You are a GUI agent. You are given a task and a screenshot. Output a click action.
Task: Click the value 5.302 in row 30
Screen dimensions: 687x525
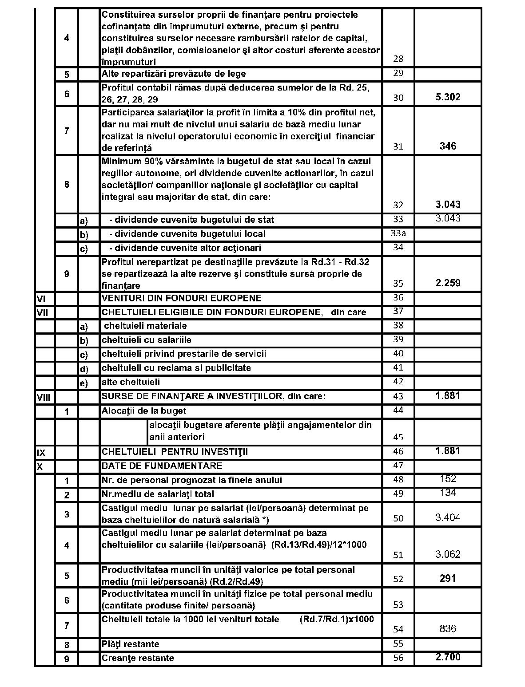pyautogui.click(x=448, y=97)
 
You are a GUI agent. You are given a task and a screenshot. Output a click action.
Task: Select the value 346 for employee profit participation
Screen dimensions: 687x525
pyautogui.click(x=448, y=146)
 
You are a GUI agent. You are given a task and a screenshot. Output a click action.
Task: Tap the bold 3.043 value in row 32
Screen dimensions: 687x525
pyautogui.click(x=448, y=205)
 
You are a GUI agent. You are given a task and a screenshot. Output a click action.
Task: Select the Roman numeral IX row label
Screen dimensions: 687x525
pyautogui.click(x=40, y=453)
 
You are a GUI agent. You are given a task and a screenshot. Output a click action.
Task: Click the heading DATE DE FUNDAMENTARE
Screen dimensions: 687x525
pyautogui.click(x=162, y=466)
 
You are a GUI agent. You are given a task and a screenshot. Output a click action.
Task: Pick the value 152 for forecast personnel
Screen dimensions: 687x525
pyautogui.click(x=448, y=479)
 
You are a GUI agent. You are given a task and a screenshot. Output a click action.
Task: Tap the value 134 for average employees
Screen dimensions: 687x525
pyautogui.click(x=448, y=493)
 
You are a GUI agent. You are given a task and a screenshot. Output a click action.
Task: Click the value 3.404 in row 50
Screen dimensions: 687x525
pyautogui.click(x=448, y=517)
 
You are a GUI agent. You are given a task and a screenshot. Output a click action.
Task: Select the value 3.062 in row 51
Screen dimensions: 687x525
pyautogui.click(x=448, y=554)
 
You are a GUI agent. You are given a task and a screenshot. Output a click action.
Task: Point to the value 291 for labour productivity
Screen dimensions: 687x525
pyautogui.click(x=448, y=579)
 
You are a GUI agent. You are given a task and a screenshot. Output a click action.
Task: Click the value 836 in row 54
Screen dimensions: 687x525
pyautogui.click(x=448, y=629)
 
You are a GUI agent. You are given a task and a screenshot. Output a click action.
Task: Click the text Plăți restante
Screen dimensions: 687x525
pyautogui.click(x=131, y=644)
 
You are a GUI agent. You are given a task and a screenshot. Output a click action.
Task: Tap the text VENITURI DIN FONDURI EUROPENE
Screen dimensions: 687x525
pyautogui.click(x=182, y=298)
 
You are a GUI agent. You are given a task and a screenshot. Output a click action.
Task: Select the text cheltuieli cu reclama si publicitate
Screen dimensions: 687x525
pyautogui.click(x=176, y=368)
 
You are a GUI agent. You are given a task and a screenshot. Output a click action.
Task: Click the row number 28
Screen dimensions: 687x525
pyautogui.click(x=398, y=59)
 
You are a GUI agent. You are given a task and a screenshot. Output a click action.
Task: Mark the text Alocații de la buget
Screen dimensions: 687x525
pyautogui.click(x=144, y=411)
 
